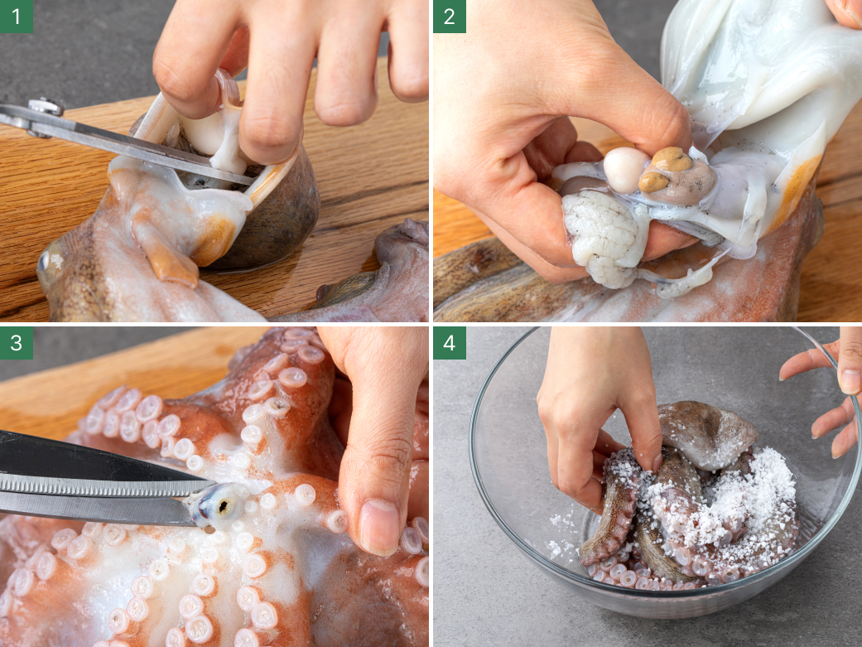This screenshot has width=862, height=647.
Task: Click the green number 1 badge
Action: pyautogui.click(x=17, y=17)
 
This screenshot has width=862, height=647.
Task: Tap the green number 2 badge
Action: pyautogui.click(x=450, y=17)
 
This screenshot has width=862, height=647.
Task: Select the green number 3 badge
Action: pyautogui.click(x=17, y=343)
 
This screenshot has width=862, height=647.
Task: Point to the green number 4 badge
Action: pyautogui.click(x=450, y=343)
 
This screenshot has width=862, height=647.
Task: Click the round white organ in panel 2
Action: pyautogui.click(x=626, y=170)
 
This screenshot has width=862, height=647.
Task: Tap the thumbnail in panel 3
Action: pyautogui.click(x=378, y=527)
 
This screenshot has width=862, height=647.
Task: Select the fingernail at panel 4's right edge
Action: pyautogui.click(x=850, y=381)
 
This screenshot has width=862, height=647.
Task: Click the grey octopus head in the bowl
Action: pyautogui.click(x=706, y=435)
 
